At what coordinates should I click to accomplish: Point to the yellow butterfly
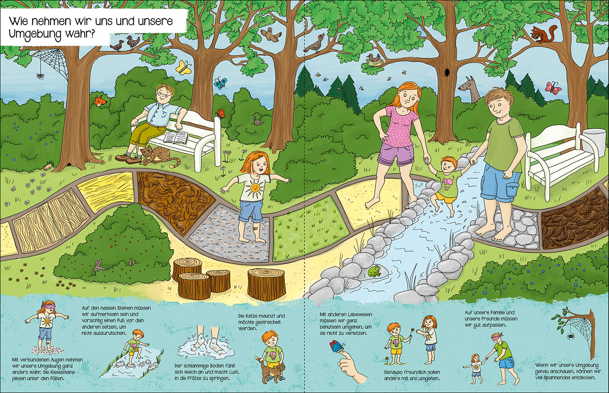point(183,67)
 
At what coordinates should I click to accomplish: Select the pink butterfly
point(553,88)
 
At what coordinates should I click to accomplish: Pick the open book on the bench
point(175,138)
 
